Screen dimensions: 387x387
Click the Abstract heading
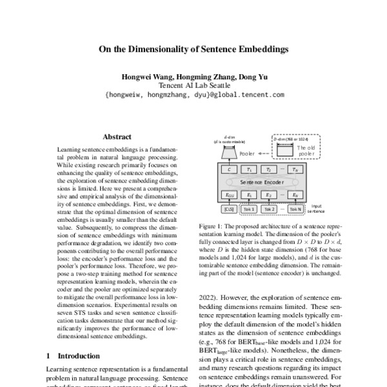click(117, 137)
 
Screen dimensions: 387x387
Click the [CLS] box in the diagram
click(228, 210)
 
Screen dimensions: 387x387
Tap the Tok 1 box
click(249, 210)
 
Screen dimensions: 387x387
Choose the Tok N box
click(295, 210)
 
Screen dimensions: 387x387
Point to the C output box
click(228, 170)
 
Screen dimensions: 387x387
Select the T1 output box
click(249, 170)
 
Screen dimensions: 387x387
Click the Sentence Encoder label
click(261, 182)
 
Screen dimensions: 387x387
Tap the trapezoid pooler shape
click(228, 154)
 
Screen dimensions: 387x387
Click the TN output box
click(295, 170)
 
